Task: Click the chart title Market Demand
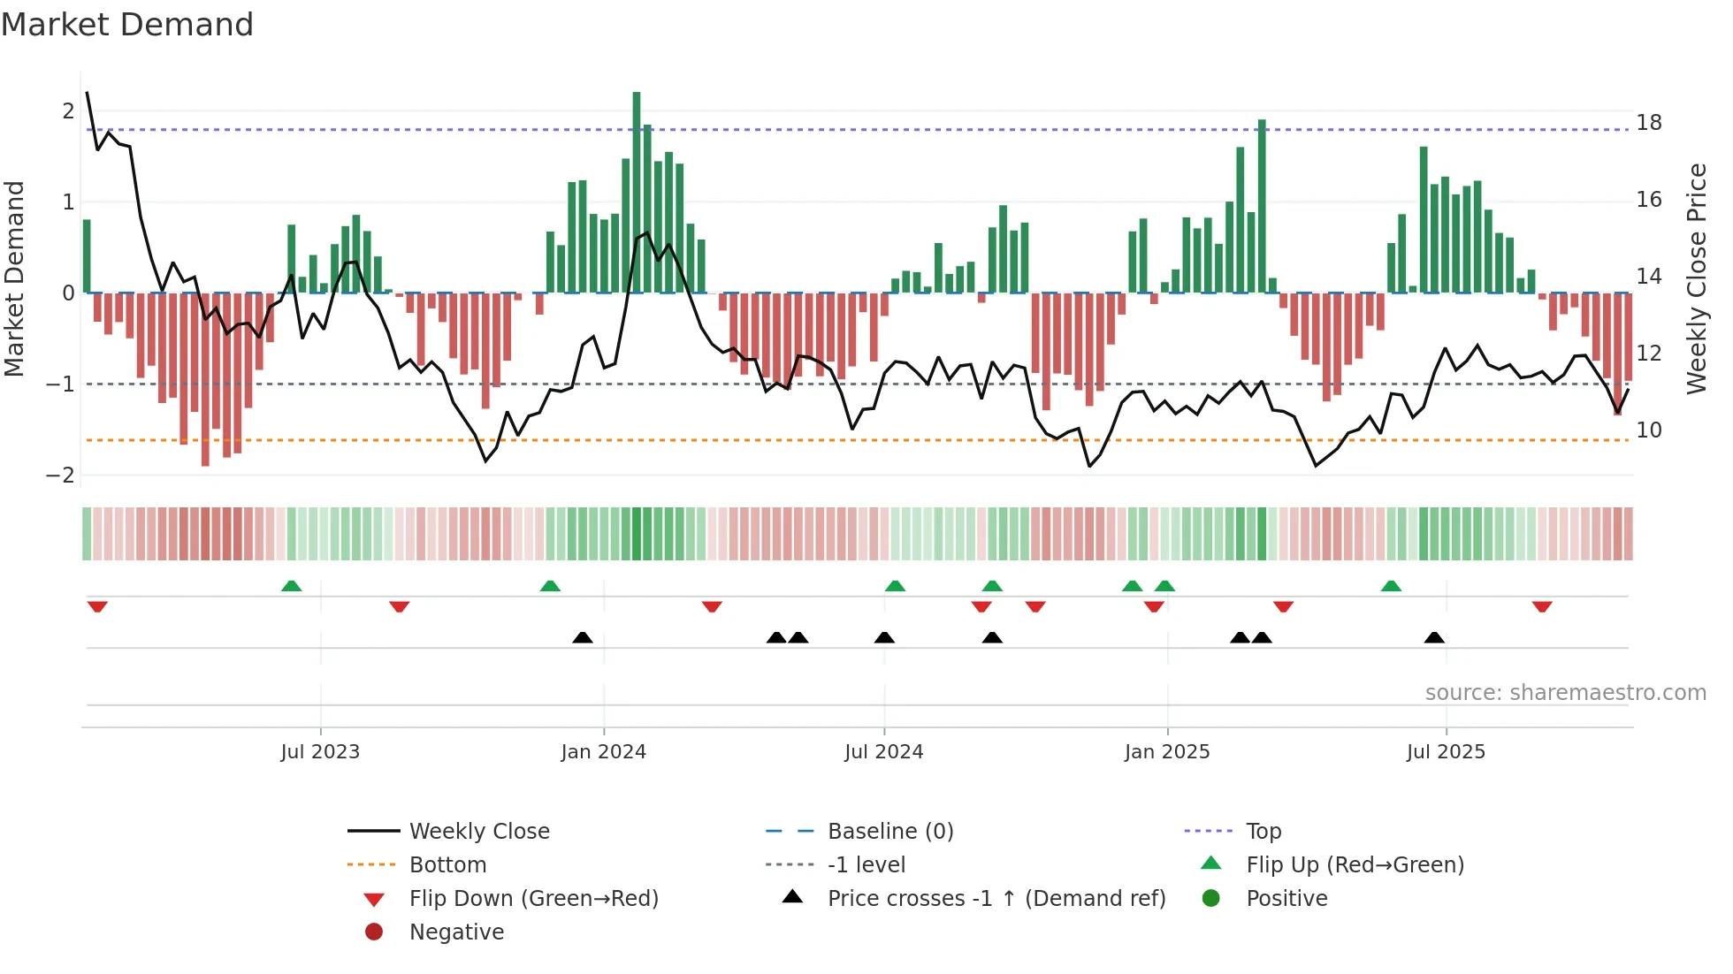point(127,25)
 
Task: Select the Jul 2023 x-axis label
point(320,752)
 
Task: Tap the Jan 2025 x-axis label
point(1167,752)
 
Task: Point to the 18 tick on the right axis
point(1649,123)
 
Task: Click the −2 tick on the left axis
point(60,476)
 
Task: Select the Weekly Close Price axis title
point(1696,278)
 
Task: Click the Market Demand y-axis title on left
point(14,278)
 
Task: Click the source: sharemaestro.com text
point(1565,693)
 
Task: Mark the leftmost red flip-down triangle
point(97,606)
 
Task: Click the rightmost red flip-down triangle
point(1542,606)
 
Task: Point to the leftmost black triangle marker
point(583,637)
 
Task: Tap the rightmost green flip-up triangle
point(1391,586)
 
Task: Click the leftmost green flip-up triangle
point(291,586)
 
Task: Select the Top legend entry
point(1263,832)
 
